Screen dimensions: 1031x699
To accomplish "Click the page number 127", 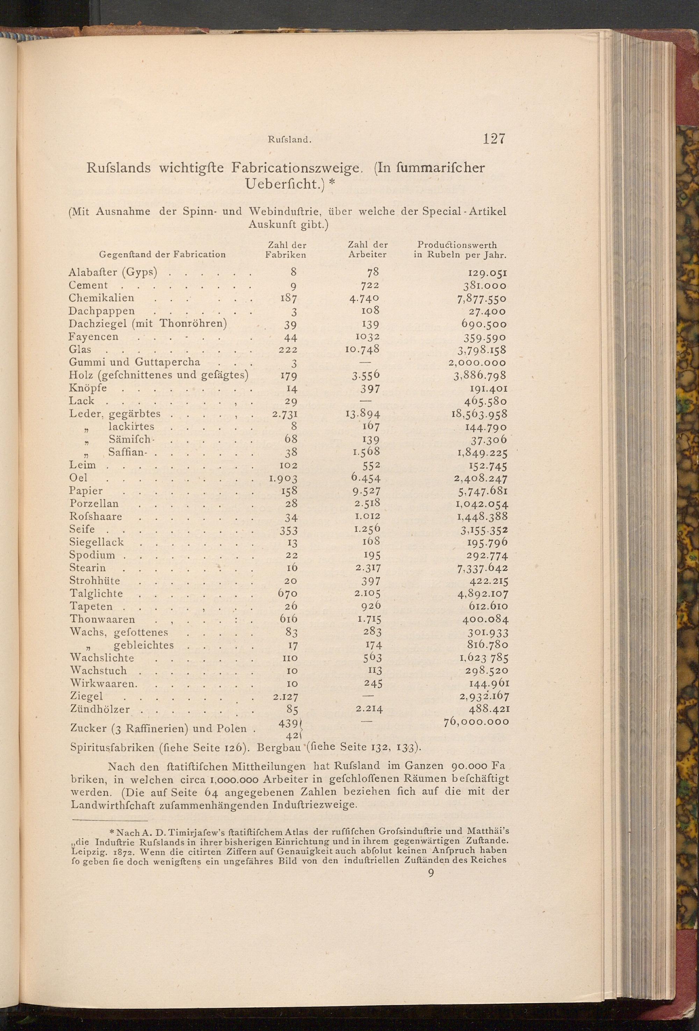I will (x=494, y=139).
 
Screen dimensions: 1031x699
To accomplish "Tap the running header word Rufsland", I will (x=288, y=140).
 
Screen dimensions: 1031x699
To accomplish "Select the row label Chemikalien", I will (x=101, y=298).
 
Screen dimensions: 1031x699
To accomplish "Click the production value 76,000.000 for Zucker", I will (x=476, y=722).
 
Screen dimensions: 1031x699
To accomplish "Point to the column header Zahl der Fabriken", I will (x=286, y=250).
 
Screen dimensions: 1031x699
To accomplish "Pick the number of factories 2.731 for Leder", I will (x=284, y=414).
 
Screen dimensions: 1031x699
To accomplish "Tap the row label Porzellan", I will (x=94, y=504).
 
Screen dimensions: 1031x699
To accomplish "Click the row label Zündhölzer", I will (x=100, y=709).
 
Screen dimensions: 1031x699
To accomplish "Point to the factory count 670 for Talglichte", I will (x=287, y=593).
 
